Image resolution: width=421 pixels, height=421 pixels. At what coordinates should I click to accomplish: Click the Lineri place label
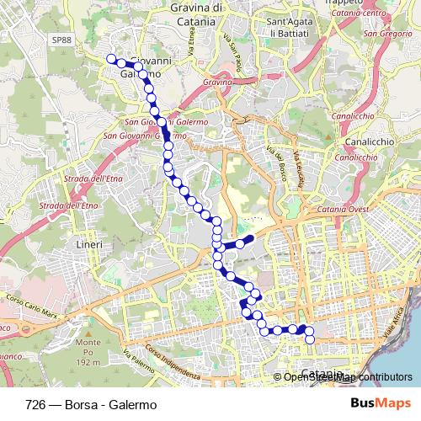pos(89,244)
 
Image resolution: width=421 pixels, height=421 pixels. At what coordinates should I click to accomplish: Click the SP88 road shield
pos(59,40)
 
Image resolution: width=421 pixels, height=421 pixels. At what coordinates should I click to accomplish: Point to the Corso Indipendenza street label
pos(172,361)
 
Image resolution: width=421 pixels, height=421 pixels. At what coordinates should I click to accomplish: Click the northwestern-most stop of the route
pos(110,59)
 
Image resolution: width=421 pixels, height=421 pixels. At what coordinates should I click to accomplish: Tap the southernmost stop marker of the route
pos(309,339)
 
